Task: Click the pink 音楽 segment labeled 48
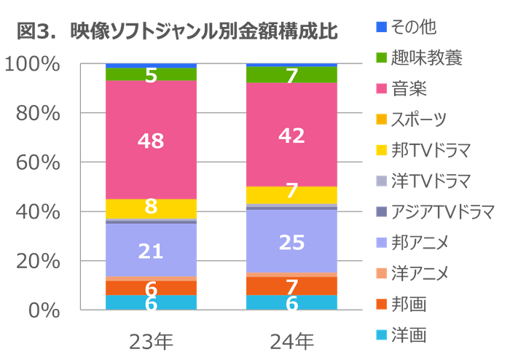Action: click(151, 140)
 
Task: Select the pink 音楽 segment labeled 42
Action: click(291, 135)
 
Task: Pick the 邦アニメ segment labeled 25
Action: click(291, 241)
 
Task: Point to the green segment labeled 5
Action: click(151, 74)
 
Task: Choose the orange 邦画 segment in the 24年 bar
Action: click(291, 286)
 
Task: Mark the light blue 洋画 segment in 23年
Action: click(151, 302)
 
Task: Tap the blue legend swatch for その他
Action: click(380, 28)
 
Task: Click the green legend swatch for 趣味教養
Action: click(380, 57)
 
